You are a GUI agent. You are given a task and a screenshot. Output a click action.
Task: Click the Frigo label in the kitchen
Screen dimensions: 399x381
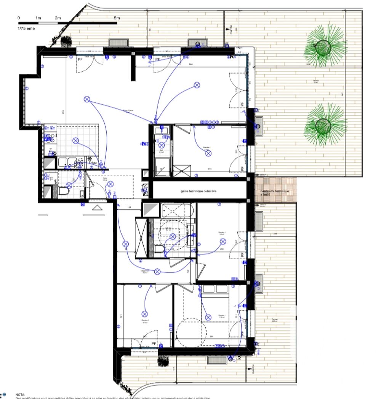93,163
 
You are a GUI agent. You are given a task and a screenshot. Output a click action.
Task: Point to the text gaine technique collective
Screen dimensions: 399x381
199,191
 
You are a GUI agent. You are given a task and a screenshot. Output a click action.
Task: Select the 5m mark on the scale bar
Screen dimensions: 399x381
117,18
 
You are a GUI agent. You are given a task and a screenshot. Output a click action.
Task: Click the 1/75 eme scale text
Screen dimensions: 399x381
26,29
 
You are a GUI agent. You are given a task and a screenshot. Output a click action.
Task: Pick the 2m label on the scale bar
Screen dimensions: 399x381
58,18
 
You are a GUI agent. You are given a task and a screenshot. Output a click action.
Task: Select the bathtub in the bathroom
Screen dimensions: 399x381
178,210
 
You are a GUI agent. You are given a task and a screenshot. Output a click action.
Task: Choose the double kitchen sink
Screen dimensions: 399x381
68,163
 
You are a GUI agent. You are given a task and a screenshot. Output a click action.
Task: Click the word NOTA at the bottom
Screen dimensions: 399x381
20,395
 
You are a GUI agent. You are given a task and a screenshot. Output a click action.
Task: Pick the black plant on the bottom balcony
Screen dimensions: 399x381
163,359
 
